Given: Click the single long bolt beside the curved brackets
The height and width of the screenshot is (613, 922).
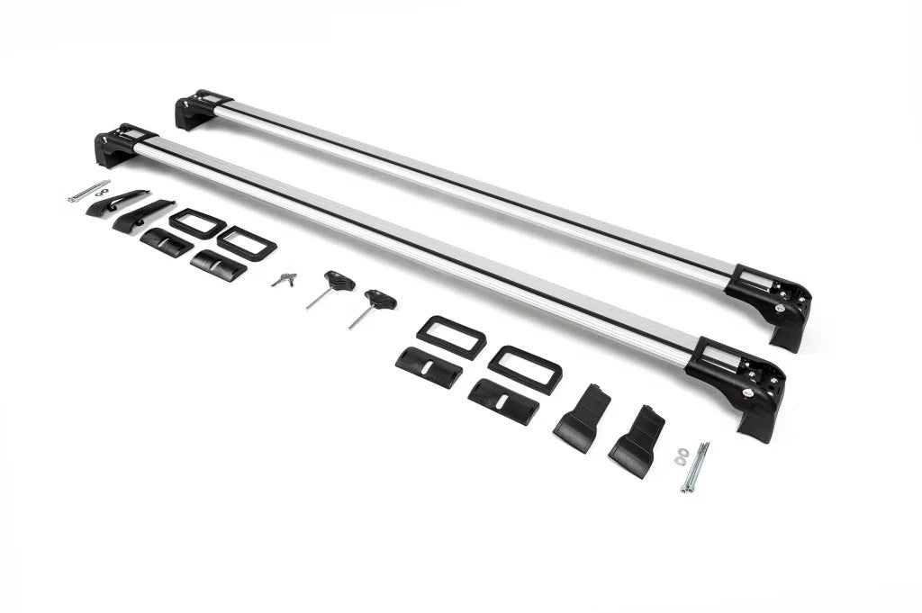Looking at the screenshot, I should click(87, 192).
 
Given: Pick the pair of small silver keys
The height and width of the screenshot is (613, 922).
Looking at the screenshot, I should click(285, 279).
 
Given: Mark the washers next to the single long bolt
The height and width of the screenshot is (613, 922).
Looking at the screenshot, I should click(102, 191).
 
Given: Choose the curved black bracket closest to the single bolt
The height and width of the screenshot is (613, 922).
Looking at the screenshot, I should click(117, 203).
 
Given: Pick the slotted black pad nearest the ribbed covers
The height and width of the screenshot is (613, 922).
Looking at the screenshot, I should click(503, 400).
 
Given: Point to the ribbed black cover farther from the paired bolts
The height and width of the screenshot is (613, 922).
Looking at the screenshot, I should click(581, 419).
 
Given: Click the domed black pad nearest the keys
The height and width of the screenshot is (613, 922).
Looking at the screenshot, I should click(218, 264).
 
